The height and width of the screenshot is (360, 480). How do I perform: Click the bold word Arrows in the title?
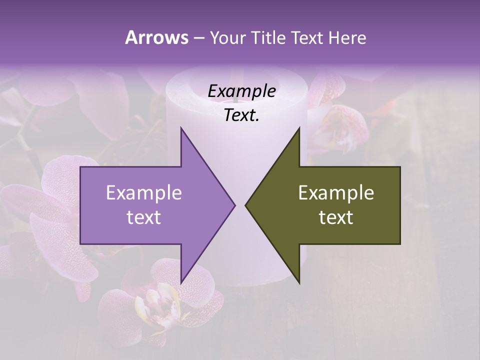pyautogui.click(x=157, y=37)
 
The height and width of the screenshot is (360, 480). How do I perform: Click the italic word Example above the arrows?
pyautogui.click(x=241, y=91)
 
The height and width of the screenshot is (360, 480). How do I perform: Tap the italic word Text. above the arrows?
pyautogui.click(x=241, y=115)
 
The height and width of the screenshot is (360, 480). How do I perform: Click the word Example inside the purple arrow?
pyautogui.click(x=144, y=193)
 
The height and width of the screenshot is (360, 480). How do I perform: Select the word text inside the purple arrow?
pyautogui.click(x=144, y=217)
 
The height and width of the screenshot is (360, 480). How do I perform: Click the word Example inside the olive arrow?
pyautogui.click(x=336, y=193)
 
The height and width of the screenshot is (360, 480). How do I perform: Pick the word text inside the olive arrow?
pyautogui.click(x=336, y=217)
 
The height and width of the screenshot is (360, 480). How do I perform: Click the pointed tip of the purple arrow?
pyautogui.click(x=235, y=205)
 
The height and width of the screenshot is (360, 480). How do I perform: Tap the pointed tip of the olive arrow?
pyautogui.click(x=245, y=205)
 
